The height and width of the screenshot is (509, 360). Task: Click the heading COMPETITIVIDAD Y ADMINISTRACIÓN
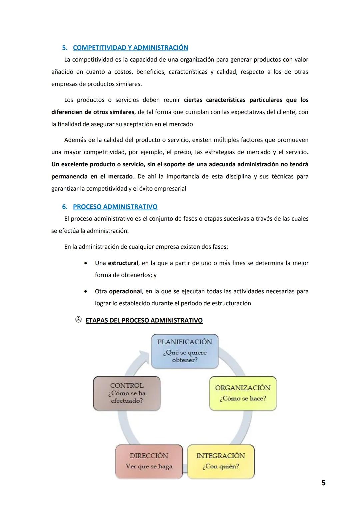130,48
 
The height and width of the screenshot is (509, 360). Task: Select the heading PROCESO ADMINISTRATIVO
115,207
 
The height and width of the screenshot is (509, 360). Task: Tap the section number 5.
65,48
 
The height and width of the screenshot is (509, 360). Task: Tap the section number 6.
65,207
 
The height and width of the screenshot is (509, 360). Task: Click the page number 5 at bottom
323,482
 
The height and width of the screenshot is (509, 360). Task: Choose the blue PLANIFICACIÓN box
185,351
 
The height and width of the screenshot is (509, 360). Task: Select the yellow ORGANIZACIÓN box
243,393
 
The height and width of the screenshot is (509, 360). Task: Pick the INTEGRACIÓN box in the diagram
221,461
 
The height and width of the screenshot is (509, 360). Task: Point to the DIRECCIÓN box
149,461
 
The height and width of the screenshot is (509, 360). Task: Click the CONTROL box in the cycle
127,393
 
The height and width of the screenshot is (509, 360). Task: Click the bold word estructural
123,263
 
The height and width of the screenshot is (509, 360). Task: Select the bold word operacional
125,291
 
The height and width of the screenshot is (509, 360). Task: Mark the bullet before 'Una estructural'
86,263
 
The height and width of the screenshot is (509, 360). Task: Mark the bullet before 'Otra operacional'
86,291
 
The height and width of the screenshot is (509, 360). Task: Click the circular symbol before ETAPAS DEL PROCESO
78,320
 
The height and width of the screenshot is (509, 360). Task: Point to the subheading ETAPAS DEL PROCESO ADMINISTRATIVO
144,320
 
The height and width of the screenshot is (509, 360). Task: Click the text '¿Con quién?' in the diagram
221,466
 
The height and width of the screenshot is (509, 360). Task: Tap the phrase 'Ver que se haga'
149,466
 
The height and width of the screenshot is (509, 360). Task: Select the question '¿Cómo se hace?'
243,398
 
